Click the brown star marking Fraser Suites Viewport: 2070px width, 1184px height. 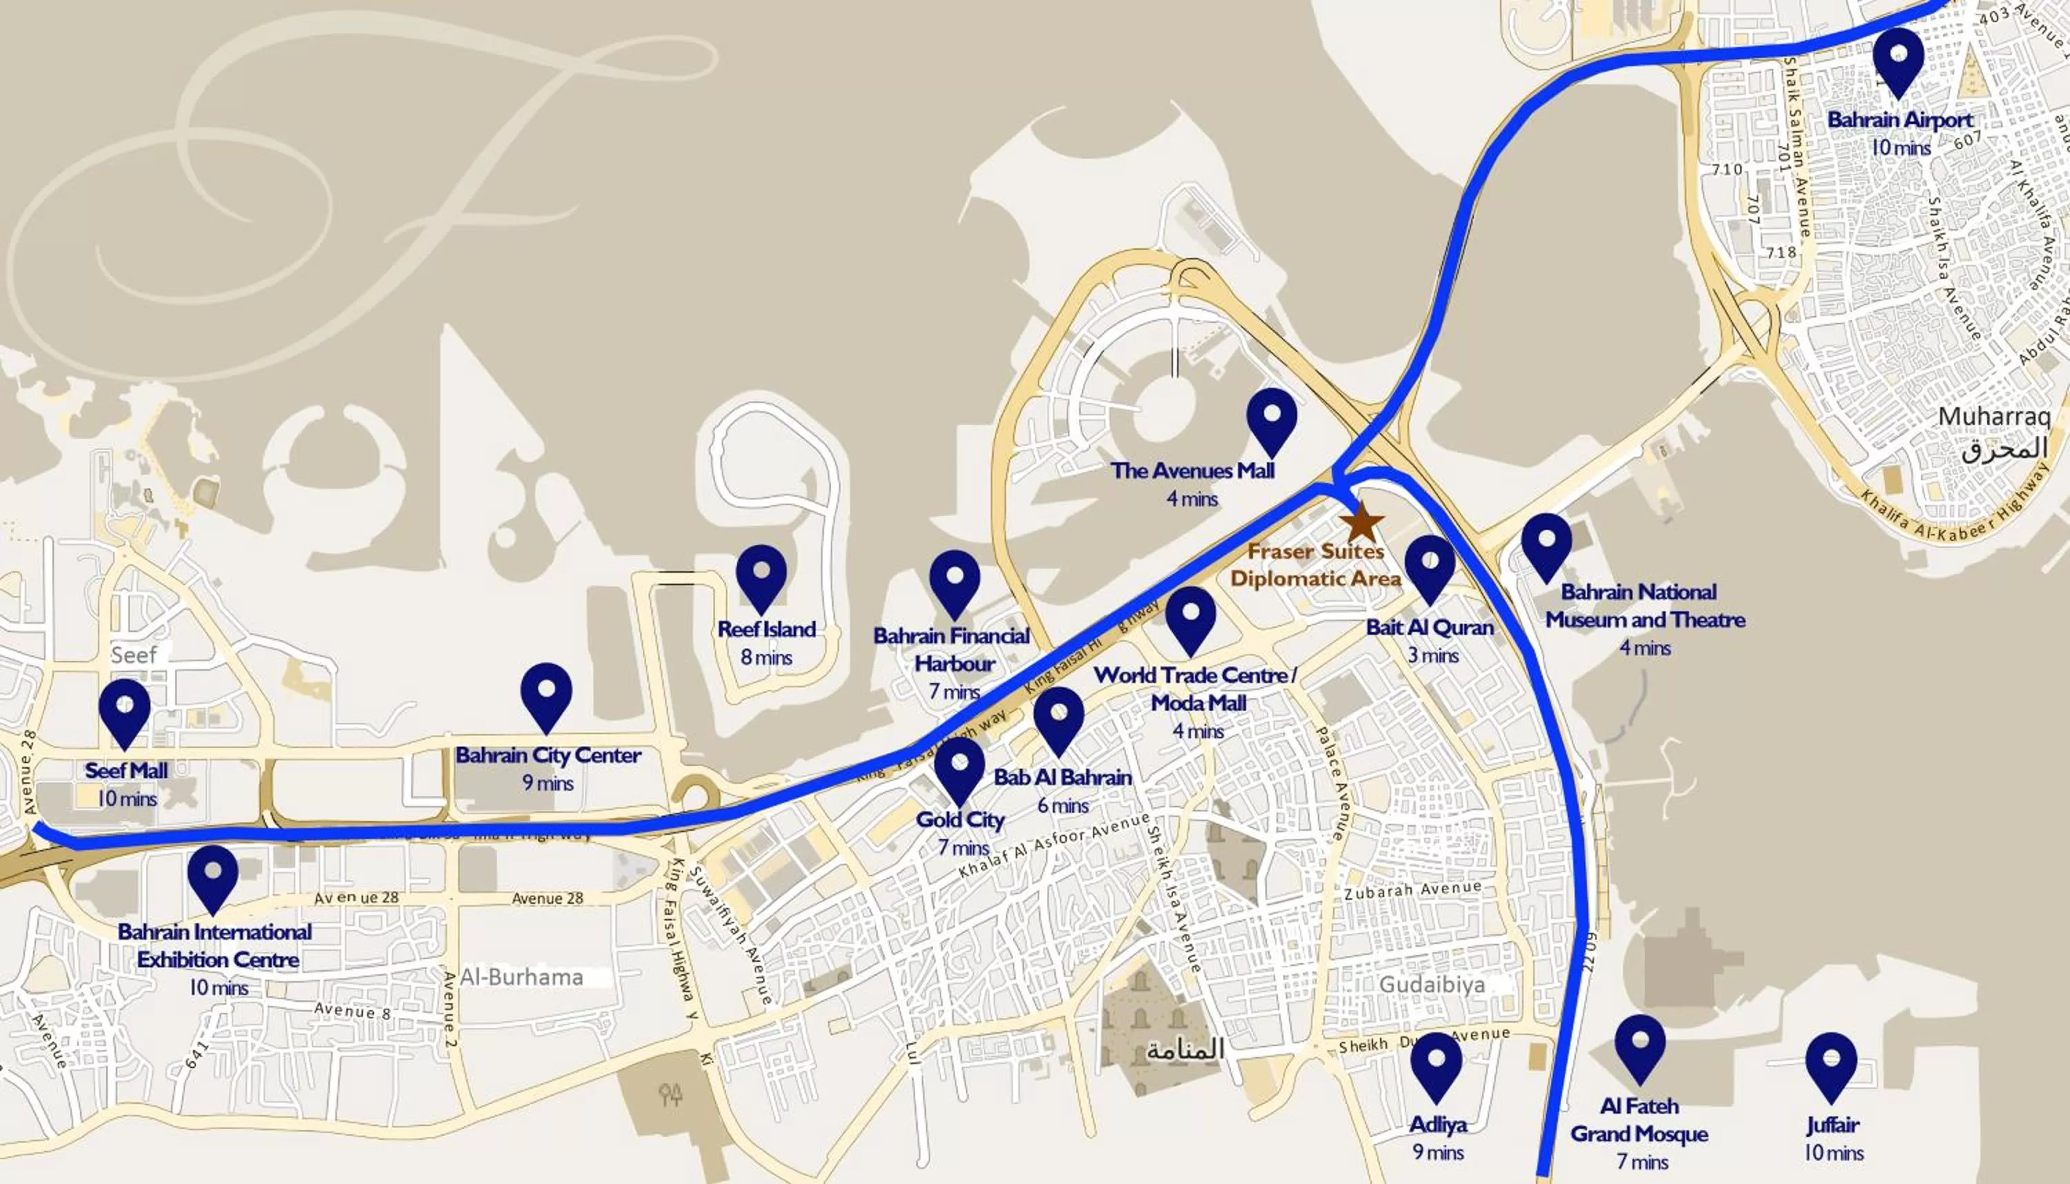1362,522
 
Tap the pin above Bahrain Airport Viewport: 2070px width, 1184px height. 1897,59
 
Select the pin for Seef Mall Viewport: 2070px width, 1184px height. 124,710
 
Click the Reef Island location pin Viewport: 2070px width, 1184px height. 761,575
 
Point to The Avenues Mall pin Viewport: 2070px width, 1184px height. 1272,418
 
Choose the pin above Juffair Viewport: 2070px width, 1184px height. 1831,1063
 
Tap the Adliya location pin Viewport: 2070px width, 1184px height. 1436,1063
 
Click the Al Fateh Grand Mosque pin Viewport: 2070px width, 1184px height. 1640,1045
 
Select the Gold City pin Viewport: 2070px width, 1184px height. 959,767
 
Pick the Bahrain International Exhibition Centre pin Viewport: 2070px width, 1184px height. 213,875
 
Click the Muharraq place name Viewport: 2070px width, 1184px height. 1993,416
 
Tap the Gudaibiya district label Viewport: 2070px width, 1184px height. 1432,985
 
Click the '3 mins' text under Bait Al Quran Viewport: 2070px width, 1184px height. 1433,655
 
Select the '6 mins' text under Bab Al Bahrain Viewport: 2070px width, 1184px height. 1063,806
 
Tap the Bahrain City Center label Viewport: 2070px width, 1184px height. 548,756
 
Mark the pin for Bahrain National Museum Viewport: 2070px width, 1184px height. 1546,543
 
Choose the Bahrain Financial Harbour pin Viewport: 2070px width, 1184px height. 954,580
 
